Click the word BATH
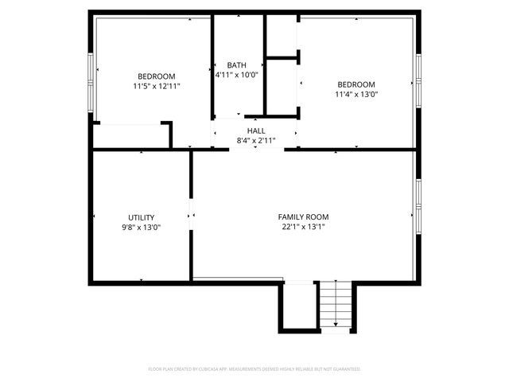[x=236, y=65]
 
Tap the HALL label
[x=256, y=131]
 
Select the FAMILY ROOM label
[x=303, y=216]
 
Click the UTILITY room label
[x=142, y=217]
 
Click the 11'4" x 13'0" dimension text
[x=356, y=94]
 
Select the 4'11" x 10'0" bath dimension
[x=236, y=75]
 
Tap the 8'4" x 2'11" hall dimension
[x=256, y=140]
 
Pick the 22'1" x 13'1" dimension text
[x=303, y=226]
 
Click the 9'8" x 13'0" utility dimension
[x=142, y=227]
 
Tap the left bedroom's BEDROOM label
[x=156, y=76]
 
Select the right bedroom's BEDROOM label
[x=356, y=84]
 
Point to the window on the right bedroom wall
[x=417, y=80]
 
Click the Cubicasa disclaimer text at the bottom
[x=254, y=369]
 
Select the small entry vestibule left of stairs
[x=298, y=306]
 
